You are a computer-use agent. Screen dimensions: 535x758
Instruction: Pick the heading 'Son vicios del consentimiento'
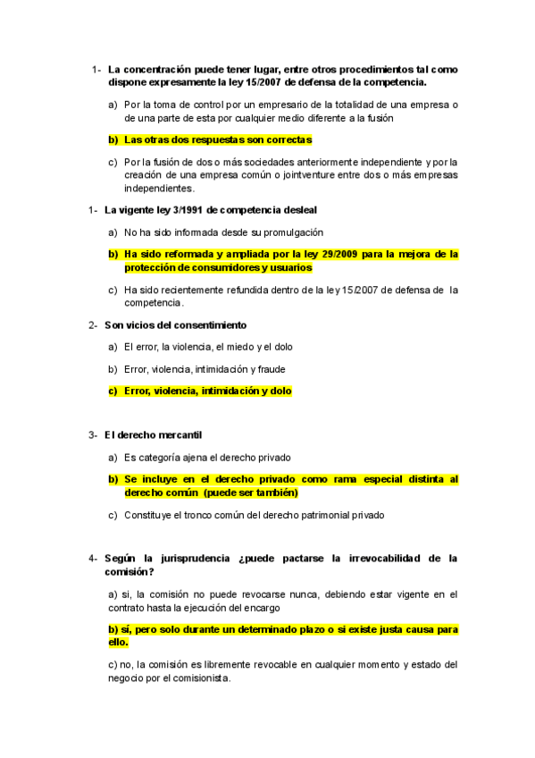(175, 324)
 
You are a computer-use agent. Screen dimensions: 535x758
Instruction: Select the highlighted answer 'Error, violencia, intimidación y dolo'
(207, 391)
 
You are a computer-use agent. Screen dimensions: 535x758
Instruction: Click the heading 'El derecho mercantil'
(153, 434)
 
